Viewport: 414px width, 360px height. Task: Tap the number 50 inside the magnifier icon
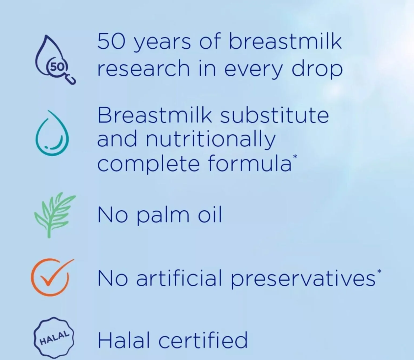click(x=57, y=66)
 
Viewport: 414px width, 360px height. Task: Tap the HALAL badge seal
click(x=54, y=338)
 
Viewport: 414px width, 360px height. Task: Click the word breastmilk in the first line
click(x=285, y=42)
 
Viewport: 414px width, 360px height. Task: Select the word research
click(x=143, y=69)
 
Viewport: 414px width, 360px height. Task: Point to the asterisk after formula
click(x=295, y=156)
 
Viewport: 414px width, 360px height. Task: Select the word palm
click(x=163, y=216)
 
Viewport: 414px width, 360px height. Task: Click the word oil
click(x=210, y=215)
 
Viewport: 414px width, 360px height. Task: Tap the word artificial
click(x=179, y=278)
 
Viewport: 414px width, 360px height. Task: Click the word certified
click(x=203, y=340)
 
